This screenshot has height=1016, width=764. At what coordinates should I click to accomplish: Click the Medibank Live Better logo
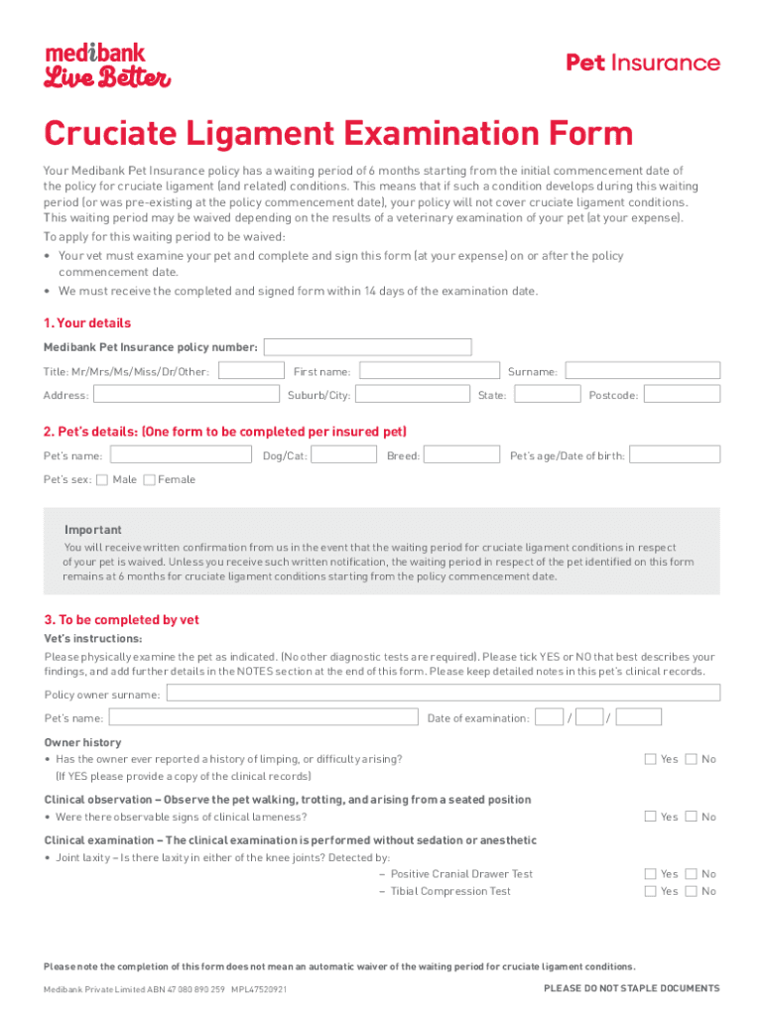coord(107,65)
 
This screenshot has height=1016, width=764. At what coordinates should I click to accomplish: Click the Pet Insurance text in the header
coord(642,63)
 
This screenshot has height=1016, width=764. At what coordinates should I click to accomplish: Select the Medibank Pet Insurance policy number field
coord(367,347)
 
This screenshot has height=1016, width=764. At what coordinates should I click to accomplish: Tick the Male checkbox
coord(103,480)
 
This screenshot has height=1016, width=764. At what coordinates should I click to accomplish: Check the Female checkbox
coord(149,480)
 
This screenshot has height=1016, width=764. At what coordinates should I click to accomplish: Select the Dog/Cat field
coord(344,455)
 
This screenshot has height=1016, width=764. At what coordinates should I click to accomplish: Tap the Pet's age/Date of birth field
coord(676,455)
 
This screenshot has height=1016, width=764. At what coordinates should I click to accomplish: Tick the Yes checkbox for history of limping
coord(651,760)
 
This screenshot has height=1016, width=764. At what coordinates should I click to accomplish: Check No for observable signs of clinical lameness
coord(691,818)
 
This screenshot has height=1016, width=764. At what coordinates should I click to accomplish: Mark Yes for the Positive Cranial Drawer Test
coord(651,874)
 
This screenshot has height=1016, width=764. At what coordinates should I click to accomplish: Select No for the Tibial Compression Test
coord(691,892)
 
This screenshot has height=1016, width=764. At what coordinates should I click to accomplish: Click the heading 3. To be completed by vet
coord(121,620)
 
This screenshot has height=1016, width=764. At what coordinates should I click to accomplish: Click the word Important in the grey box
coord(93,530)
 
